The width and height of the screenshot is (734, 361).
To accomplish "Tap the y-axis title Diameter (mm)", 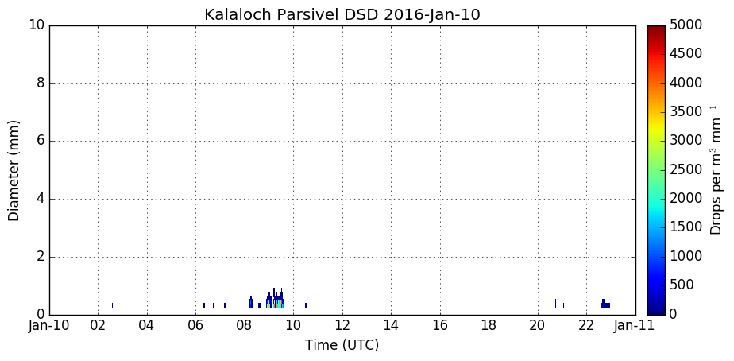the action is pos(14,171).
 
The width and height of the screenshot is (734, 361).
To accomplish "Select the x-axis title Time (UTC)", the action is pos(342,346).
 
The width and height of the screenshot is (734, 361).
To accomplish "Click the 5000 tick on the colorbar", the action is pos(686,25).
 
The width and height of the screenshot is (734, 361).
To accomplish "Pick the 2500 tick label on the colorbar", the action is pos(686,169).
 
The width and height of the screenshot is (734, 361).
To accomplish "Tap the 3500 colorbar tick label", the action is pos(686,112).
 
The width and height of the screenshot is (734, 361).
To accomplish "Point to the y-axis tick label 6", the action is pos(40,142).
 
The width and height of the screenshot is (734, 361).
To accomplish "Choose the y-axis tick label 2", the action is pos(40,257).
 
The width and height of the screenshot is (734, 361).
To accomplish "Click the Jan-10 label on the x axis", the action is pos(48,326).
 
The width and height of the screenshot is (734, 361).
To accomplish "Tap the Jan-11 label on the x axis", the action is pos(635,326).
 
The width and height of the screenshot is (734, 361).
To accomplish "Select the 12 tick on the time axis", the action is pos(342,326).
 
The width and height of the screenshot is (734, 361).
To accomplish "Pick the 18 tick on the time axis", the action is pos(489,326).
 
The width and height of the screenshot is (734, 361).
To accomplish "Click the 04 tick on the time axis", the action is pos(147,326).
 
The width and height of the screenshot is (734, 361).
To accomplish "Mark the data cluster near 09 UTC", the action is pos(275,300).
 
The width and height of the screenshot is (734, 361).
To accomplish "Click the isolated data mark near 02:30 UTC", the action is pos(112,305).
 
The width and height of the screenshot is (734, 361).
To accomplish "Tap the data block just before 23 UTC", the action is pos(606,305).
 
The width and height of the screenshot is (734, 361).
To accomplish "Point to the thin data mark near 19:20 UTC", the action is pos(523,303).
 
